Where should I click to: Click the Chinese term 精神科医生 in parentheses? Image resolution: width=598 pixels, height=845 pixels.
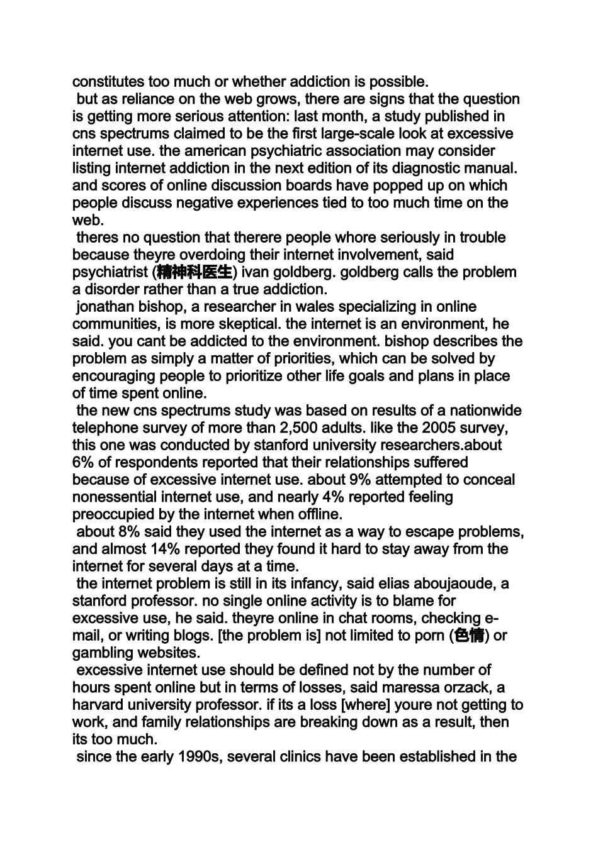195,272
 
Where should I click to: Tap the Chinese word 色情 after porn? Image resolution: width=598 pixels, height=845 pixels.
469,636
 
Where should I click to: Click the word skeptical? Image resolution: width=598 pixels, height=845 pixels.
248,324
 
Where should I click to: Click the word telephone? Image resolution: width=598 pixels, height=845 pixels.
103,428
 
